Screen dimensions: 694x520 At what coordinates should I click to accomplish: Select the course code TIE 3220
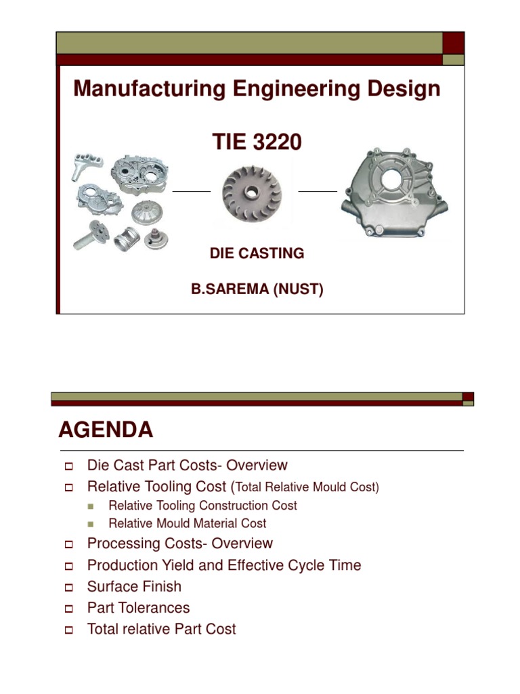(257, 142)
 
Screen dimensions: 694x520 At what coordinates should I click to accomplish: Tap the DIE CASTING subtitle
(257, 253)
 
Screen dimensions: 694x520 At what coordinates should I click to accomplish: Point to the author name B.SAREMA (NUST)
(257, 290)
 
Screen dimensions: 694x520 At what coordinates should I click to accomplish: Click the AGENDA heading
(106, 430)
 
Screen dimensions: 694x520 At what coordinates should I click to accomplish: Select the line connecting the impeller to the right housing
(318, 192)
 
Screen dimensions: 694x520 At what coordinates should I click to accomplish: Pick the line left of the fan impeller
(192, 192)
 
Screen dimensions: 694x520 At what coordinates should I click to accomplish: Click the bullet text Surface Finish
(134, 586)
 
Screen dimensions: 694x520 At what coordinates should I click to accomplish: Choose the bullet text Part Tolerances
(138, 608)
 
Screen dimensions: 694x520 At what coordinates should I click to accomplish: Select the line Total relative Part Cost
(161, 630)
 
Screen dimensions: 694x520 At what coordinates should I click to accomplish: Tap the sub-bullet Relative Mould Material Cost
(187, 523)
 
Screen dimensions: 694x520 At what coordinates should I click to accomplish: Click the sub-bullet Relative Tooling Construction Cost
(202, 506)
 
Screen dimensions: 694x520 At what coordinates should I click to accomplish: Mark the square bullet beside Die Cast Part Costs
(68, 466)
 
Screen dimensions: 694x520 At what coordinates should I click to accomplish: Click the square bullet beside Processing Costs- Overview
(68, 544)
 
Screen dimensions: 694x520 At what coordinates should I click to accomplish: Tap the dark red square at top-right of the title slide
(453, 43)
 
